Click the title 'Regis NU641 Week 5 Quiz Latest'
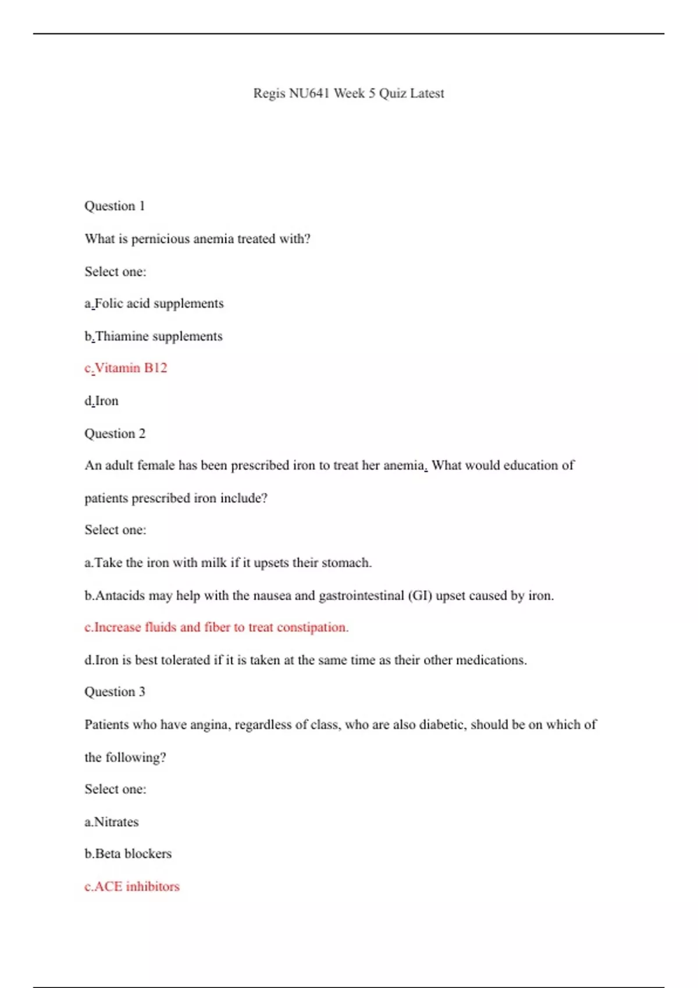348,94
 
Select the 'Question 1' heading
115,206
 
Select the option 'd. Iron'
102,401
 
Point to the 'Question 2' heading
115,434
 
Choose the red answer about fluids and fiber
216,628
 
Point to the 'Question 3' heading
115,692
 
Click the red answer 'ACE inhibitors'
132,887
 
